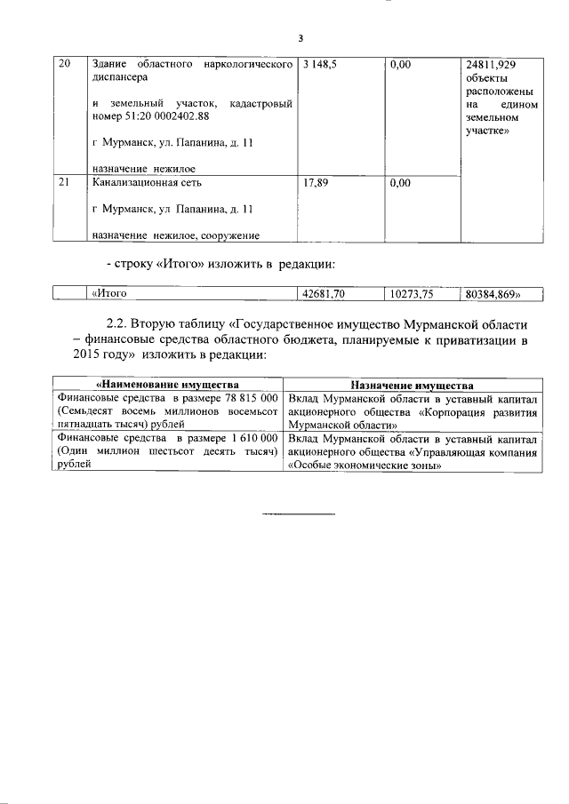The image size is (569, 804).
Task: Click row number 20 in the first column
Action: [64, 65]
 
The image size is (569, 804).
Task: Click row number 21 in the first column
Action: [64, 183]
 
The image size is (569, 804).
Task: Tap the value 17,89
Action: [317, 183]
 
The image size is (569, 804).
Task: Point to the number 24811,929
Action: [491, 65]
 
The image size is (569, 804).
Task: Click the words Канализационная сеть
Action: [147, 183]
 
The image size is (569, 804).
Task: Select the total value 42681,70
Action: [324, 294]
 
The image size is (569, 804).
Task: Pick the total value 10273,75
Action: [410, 294]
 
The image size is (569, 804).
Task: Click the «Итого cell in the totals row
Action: [111, 294]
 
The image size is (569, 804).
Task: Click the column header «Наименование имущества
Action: [165, 386]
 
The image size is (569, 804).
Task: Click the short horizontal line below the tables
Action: [299, 513]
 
